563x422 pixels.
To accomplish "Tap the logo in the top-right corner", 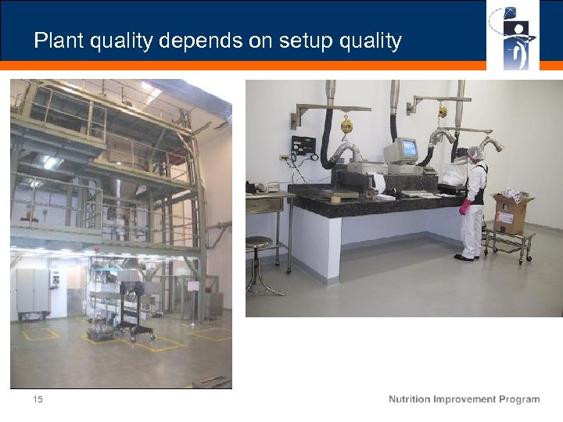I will point(512,36).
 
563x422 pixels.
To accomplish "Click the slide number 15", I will point(38,399).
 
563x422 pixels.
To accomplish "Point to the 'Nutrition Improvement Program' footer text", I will point(464,399).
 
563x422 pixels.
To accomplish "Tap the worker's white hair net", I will point(474,152).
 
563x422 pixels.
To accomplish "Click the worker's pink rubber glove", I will point(465,207).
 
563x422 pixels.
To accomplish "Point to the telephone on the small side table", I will point(268,188).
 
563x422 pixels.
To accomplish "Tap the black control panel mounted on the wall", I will point(303,145).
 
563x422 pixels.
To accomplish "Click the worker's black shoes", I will point(466,257).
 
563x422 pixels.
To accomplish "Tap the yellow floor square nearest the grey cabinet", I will point(40,334).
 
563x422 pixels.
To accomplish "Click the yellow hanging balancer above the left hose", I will point(346,125).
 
